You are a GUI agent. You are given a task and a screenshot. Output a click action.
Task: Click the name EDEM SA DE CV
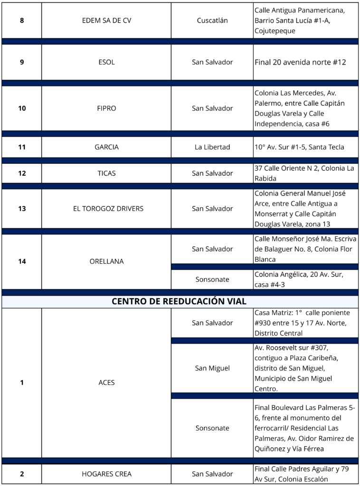coord(106,20)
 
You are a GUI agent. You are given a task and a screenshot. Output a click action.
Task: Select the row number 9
coord(22,62)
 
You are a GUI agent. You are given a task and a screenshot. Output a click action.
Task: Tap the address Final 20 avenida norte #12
coord(300,62)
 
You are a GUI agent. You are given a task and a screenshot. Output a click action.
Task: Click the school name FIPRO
coord(106,108)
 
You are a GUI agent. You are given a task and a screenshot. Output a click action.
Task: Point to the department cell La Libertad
coord(212,147)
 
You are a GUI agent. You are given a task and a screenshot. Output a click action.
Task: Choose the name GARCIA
coord(106,147)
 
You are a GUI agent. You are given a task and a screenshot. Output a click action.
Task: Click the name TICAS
coord(106,173)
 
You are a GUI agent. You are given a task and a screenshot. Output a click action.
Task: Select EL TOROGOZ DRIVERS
coord(108,208)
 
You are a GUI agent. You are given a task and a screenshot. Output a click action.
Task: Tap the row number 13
coord(22,208)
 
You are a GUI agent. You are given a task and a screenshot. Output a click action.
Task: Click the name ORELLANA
coord(106,262)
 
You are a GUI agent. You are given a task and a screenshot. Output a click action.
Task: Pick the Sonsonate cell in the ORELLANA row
coord(212,280)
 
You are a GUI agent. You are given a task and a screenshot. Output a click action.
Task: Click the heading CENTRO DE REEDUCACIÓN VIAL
coord(179,301)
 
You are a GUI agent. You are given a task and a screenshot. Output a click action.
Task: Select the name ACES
coord(106,383)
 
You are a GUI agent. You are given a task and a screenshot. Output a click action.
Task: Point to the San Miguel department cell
coord(212,368)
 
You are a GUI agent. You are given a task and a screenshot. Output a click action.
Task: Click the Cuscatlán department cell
coord(212,20)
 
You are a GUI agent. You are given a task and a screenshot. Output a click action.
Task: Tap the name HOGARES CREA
coord(106,474)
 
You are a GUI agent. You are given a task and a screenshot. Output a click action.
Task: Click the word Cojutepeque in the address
coord(275,31)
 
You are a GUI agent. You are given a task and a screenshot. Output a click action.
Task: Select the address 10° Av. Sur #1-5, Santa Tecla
coord(299,147)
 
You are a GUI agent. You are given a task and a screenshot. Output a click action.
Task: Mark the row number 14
coord(22,262)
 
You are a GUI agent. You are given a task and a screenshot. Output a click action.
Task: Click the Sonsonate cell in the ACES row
coord(212,428)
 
